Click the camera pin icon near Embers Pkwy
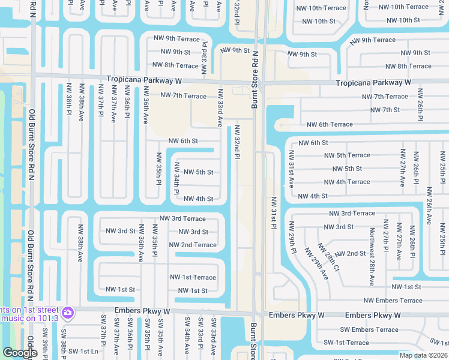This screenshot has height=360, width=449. (68, 313)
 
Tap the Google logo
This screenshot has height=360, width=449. (20, 353)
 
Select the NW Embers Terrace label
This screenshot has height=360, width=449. (393, 301)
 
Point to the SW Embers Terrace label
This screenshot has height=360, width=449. (369, 329)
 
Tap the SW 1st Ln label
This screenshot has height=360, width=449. (83, 352)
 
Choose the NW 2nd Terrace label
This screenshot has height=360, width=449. (193, 245)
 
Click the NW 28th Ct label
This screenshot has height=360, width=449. (328, 257)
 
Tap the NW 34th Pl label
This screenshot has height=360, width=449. (177, 178)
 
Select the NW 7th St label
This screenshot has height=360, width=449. (385, 110)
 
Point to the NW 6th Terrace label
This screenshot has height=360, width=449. (330, 125)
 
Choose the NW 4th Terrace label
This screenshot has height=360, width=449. (347, 182)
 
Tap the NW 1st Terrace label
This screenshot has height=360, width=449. (193, 277)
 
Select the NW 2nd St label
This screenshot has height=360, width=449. (351, 254)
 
